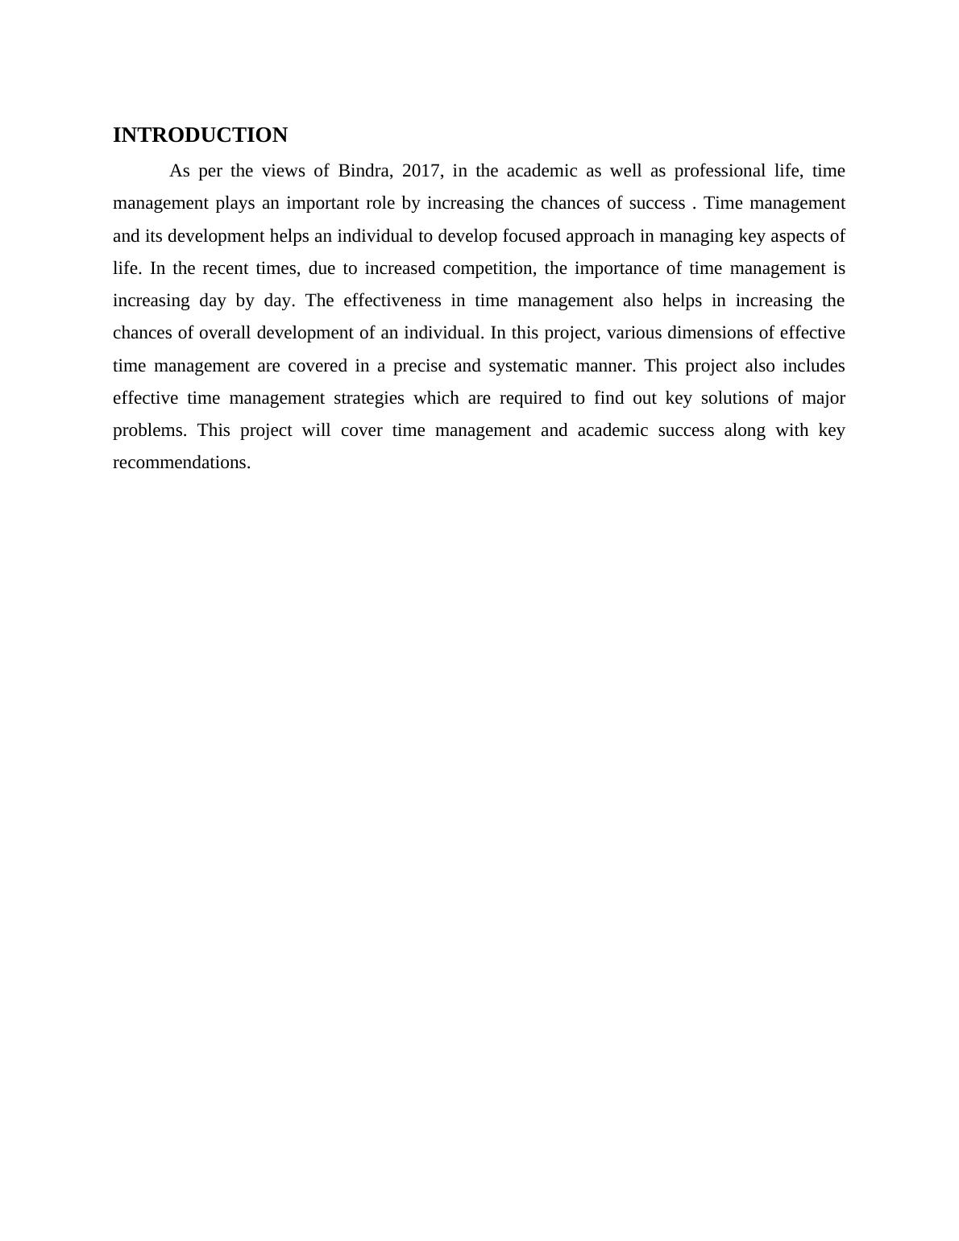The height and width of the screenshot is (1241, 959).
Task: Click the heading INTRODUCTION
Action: tap(200, 135)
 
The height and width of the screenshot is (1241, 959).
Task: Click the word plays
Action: tap(235, 203)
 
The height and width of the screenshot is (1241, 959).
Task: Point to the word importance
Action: tap(616, 268)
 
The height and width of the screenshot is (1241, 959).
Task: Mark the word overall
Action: tap(225, 333)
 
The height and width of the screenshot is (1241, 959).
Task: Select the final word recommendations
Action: tap(181, 463)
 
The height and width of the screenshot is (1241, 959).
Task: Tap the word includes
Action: tap(813, 366)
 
